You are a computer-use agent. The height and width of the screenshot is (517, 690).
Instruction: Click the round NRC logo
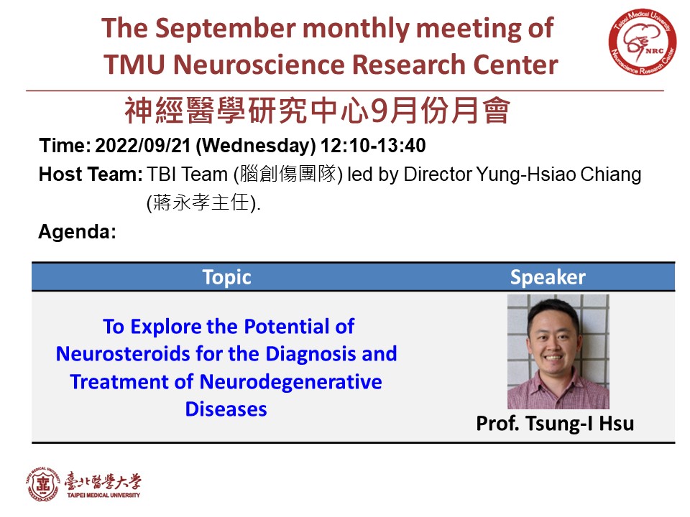642,42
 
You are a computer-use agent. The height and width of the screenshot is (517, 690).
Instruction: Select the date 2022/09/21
142,146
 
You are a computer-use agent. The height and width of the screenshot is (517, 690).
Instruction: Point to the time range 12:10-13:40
373,146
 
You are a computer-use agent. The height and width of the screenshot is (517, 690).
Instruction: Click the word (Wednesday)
256,146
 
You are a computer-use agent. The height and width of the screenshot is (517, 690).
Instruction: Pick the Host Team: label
91,174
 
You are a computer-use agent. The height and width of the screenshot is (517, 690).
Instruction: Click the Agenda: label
78,232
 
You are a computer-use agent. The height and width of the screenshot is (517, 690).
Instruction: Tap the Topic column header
226,277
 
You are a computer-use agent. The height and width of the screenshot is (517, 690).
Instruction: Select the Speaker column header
548,277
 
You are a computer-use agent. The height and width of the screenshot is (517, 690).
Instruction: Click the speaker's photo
558,352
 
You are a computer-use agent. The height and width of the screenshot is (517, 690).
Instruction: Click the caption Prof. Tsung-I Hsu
555,424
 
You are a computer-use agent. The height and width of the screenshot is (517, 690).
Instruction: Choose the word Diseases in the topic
226,409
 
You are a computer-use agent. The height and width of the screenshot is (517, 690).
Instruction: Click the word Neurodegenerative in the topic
291,382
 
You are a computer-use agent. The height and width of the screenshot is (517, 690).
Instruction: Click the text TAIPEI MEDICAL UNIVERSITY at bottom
103,495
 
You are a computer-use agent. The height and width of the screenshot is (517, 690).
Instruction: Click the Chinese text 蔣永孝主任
201,202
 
